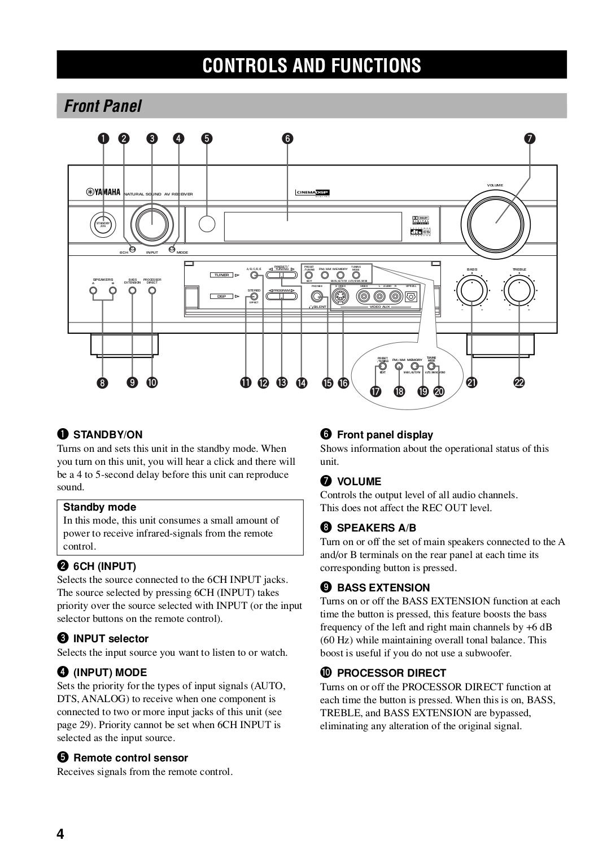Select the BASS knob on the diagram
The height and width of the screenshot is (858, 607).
click(x=471, y=290)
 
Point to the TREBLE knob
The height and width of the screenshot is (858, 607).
click(x=518, y=290)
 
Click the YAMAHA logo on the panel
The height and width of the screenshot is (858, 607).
click(x=104, y=193)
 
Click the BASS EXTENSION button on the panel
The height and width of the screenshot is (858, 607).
click(x=133, y=290)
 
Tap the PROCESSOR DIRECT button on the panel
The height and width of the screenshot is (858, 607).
click(x=152, y=290)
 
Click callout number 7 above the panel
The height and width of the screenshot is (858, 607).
click(x=530, y=138)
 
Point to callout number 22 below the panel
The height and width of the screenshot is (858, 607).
click(x=518, y=383)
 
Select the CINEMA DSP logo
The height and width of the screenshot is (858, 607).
click(x=313, y=193)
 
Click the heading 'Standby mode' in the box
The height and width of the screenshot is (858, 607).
click(x=99, y=507)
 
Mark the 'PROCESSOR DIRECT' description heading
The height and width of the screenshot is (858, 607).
click(x=391, y=673)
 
